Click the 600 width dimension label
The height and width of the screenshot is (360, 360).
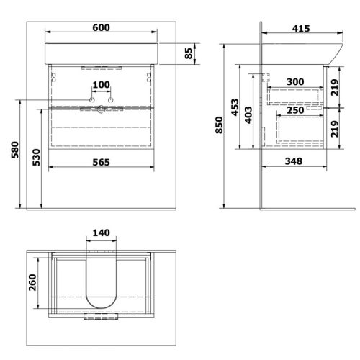(101, 27)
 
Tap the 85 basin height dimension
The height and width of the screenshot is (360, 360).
(189, 53)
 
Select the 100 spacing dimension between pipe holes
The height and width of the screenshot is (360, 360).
(102, 85)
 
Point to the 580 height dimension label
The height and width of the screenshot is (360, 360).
(15, 150)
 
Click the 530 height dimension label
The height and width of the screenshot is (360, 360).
(36, 157)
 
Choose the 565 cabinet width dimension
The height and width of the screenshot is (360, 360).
(101, 162)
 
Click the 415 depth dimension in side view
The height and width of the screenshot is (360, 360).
(301, 29)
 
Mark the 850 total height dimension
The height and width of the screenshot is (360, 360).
(219, 125)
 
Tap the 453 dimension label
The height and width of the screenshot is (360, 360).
(235, 107)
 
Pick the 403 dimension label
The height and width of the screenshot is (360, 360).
(248, 115)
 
